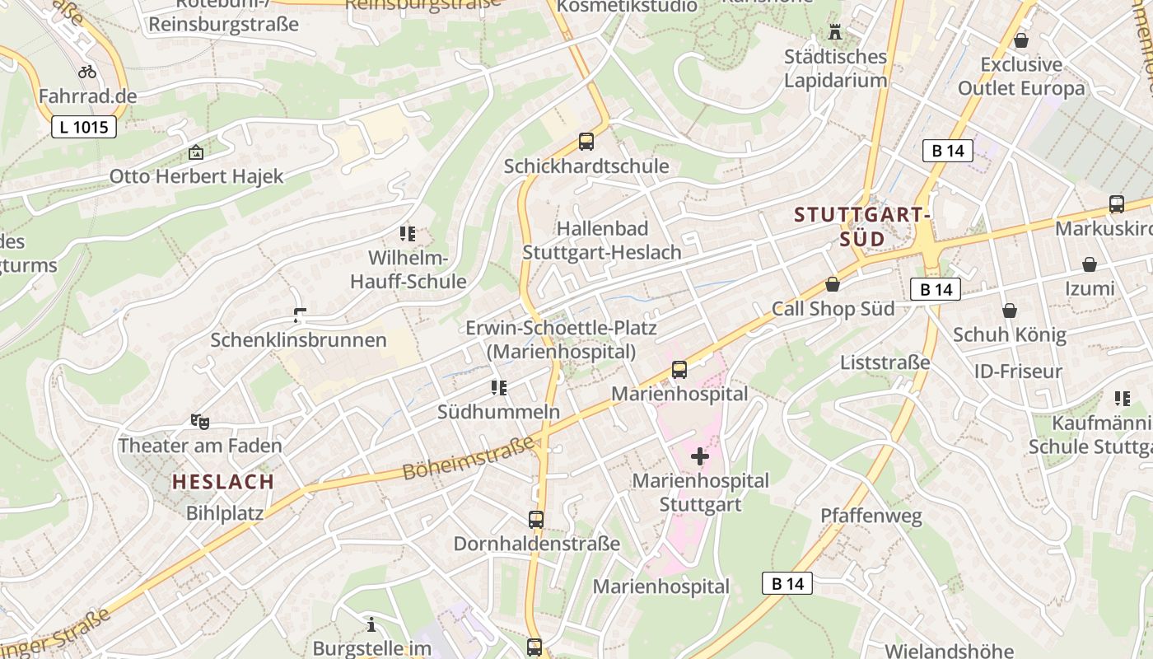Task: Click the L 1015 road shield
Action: pos(84,127)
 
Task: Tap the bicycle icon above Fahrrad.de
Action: pos(87,72)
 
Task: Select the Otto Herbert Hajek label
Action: pos(196,176)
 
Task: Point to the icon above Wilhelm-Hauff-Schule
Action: pos(407,234)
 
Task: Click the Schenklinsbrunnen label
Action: pos(298,339)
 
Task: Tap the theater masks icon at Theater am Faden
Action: pos(199,422)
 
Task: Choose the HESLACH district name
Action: pos(222,482)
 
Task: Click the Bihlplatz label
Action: pos(225,513)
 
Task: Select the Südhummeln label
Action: pos(498,412)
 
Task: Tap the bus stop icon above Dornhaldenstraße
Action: pos(536,520)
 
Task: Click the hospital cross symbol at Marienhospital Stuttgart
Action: pos(700,456)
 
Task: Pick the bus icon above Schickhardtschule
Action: pos(586,142)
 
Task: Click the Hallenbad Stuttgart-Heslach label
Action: pos(602,241)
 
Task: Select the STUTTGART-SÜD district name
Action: pos(862,227)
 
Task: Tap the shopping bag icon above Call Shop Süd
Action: pos(833,285)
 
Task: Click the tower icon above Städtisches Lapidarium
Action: pos(835,33)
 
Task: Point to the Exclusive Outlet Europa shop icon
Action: pos(1021,40)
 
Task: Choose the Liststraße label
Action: pos(885,362)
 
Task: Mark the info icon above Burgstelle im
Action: pos(371,624)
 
